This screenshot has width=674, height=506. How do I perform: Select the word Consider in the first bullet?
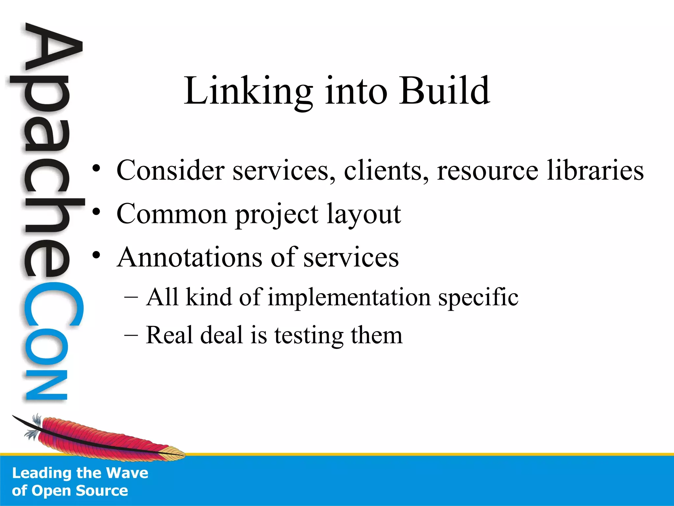[170, 170]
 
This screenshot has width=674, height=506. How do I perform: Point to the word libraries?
[595, 170]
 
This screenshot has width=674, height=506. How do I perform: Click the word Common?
[171, 214]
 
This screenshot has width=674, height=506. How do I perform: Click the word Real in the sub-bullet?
[169, 335]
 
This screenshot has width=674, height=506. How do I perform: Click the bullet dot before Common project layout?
[96, 212]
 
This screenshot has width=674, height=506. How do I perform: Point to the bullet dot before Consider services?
[96, 169]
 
